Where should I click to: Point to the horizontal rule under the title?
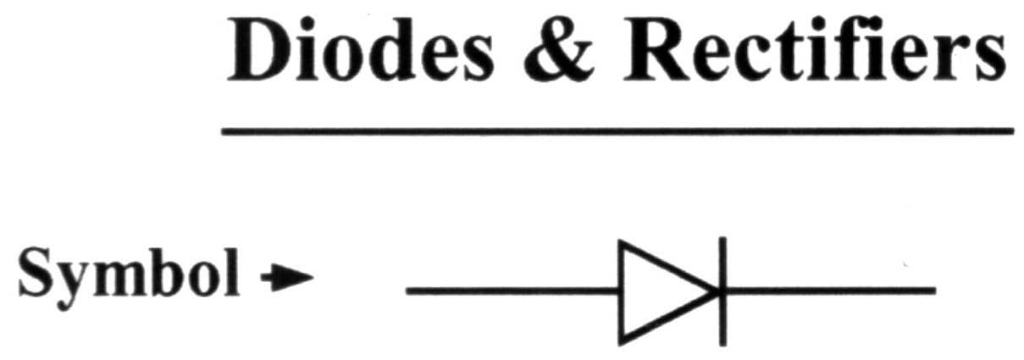[x=617, y=131]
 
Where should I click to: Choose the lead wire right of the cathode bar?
[x=830, y=291]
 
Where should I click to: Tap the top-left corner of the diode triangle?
[x=621, y=243]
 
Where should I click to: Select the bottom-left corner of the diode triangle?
[x=621, y=341]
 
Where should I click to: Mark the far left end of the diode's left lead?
[x=408, y=291]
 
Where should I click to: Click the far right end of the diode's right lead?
[x=933, y=291]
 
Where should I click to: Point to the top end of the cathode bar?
[x=722, y=241]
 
